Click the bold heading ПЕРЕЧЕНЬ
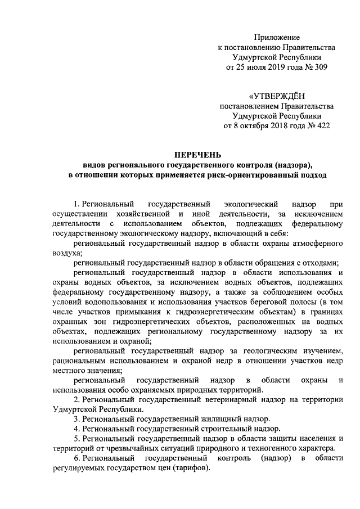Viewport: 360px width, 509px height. pos(197,155)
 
